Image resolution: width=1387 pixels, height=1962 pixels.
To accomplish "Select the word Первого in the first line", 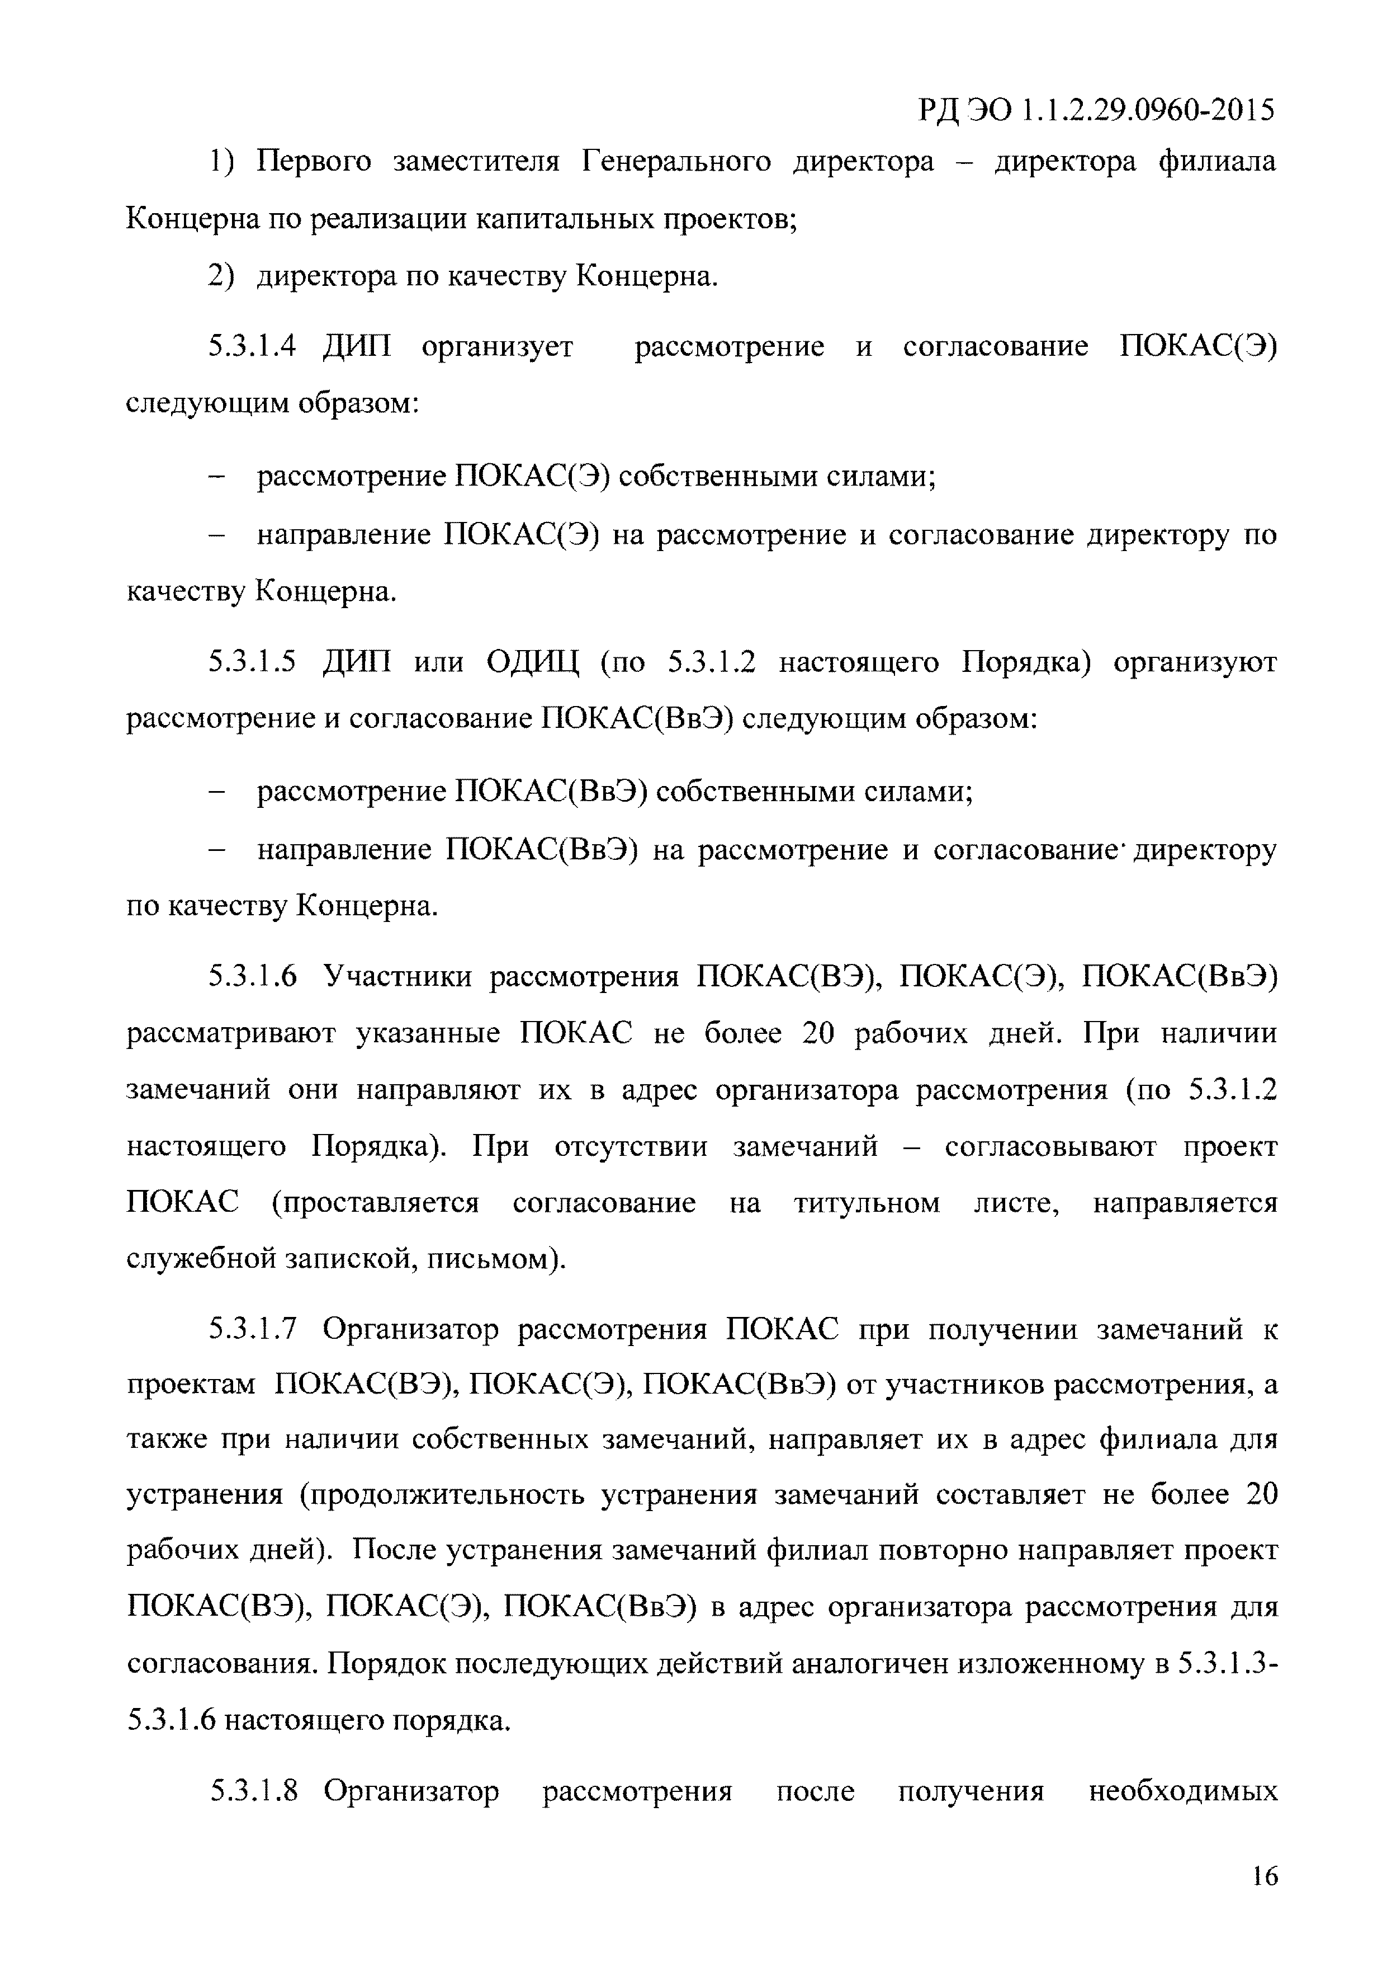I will [x=314, y=162].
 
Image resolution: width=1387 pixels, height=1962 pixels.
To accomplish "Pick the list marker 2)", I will [x=220, y=277].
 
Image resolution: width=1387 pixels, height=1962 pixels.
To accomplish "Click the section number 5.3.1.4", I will [x=252, y=347].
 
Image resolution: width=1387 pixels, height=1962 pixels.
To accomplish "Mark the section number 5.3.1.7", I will [x=252, y=1330].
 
